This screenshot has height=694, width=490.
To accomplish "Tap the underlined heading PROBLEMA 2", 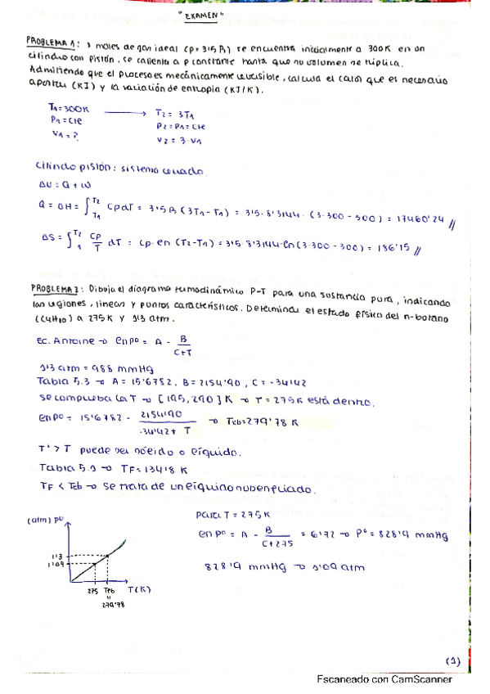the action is (52, 287).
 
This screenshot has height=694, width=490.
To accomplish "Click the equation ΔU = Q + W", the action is (63, 185).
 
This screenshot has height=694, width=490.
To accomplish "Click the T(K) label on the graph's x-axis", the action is (148, 588).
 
